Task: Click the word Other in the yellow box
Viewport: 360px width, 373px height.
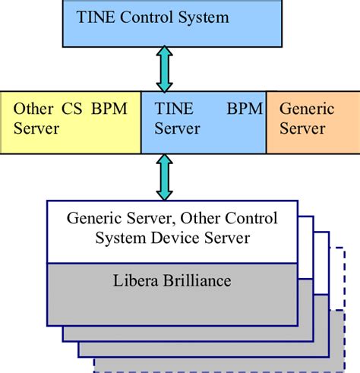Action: tap(33, 109)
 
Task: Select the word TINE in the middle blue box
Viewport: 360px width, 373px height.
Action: tap(172, 109)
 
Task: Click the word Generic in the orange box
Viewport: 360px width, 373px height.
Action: tap(307, 109)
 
